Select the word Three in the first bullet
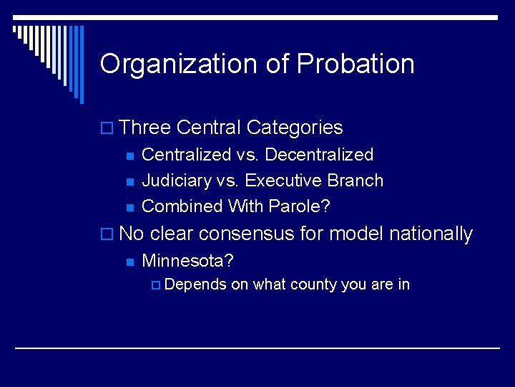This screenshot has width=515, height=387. pyautogui.click(x=145, y=128)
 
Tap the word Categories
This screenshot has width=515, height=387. pyautogui.click(x=295, y=128)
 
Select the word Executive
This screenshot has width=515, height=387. pyautogui.click(x=284, y=181)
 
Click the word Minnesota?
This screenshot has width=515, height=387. pyautogui.click(x=188, y=259)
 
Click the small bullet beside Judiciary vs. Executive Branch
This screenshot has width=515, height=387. pyautogui.click(x=129, y=181)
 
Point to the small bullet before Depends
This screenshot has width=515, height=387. pyautogui.click(x=157, y=285)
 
